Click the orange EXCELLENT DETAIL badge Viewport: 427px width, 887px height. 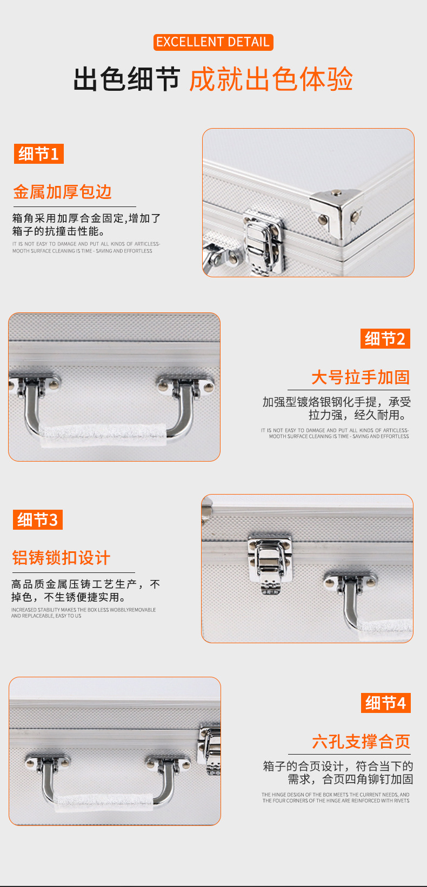click(213, 42)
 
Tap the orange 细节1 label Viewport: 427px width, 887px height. click(38, 154)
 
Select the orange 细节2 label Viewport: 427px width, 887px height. click(385, 339)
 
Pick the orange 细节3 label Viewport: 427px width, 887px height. click(37, 520)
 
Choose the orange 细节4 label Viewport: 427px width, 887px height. click(385, 703)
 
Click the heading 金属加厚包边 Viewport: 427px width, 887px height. click(62, 192)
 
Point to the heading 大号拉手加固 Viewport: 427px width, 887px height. click(360, 377)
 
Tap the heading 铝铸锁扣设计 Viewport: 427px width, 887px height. click(61, 558)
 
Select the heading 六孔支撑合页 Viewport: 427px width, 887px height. click(361, 742)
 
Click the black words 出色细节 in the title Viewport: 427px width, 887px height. click(126, 79)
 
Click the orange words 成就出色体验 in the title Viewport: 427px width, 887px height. click(271, 79)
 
